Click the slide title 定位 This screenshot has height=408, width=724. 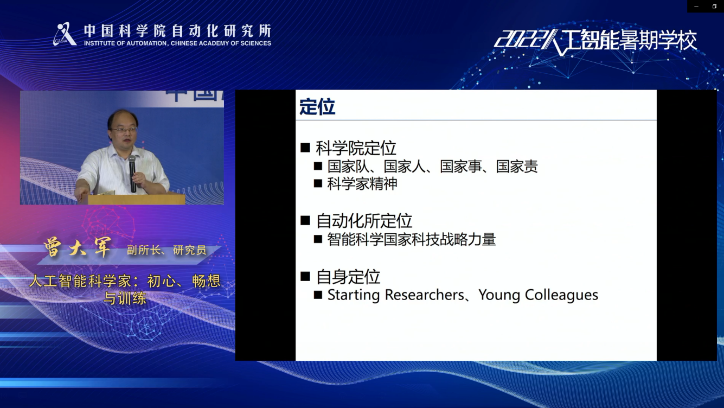[317, 107]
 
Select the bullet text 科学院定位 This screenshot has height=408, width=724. [356, 148]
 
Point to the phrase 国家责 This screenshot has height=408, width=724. [517, 167]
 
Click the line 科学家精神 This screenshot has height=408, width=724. [362, 183]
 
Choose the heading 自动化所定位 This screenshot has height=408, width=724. [364, 221]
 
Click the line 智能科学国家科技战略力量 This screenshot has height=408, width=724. [412, 240]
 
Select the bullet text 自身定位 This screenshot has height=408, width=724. [348, 277]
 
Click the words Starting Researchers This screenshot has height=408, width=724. [395, 295]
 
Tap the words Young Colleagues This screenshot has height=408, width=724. [538, 295]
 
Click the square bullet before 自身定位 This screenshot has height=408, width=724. [305, 276]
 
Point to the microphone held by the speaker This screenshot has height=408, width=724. [132, 173]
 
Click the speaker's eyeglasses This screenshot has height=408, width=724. [124, 130]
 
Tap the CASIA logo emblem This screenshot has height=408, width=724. [65, 34]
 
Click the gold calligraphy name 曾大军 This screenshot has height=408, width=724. [78, 247]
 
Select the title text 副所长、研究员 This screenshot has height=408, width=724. [166, 250]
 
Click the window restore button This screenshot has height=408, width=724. [714, 7]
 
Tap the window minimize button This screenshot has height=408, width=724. [696, 7]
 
